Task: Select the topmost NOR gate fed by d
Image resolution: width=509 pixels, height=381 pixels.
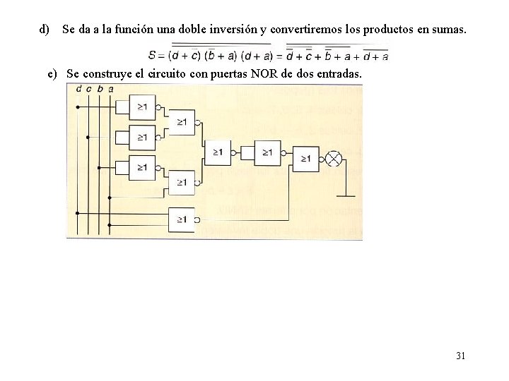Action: (x=142, y=107)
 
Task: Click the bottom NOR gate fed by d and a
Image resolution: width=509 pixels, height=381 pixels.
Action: (x=181, y=219)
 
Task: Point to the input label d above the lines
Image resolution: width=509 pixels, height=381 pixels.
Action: (x=78, y=88)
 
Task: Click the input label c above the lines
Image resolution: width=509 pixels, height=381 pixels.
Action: (x=88, y=88)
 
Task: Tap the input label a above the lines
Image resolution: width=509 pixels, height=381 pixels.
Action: (x=110, y=88)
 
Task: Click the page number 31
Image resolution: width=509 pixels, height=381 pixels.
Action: (x=460, y=356)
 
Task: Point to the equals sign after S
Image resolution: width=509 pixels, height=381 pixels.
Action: (x=162, y=54)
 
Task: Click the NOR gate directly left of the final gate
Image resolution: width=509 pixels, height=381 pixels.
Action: (x=266, y=152)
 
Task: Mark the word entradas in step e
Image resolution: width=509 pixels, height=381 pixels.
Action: (x=339, y=73)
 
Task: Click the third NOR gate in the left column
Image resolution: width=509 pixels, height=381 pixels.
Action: (x=142, y=168)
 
